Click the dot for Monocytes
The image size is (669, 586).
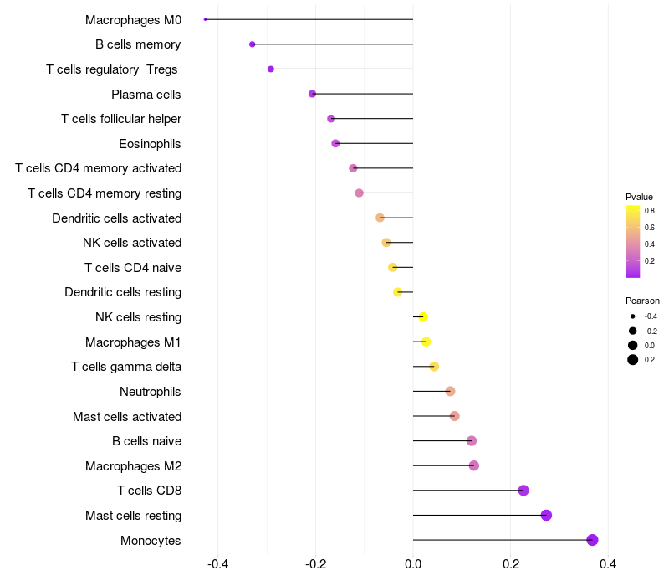click(592, 540)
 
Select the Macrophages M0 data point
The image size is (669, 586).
click(206, 19)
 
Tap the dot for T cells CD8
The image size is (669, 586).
click(523, 491)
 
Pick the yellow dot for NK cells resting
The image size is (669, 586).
click(423, 317)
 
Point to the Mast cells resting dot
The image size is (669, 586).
click(546, 516)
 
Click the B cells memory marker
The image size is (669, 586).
click(253, 44)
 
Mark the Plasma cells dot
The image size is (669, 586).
click(313, 94)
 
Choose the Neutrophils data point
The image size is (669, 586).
click(450, 391)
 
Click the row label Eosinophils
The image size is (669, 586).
click(150, 144)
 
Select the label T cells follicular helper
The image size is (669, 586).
click(121, 119)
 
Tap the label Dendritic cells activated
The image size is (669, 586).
click(116, 218)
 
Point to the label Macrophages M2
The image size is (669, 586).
click(133, 466)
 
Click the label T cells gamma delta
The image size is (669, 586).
click(126, 367)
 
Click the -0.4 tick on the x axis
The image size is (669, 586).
click(218, 564)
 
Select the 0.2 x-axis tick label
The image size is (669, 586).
click(510, 564)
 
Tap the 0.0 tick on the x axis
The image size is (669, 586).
click(413, 564)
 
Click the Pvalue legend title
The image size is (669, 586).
click(639, 197)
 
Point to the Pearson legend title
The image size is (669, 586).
click(642, 301)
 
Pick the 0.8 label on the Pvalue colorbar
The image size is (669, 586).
click(650, 211)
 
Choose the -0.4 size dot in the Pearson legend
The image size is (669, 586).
click(633, 316)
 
